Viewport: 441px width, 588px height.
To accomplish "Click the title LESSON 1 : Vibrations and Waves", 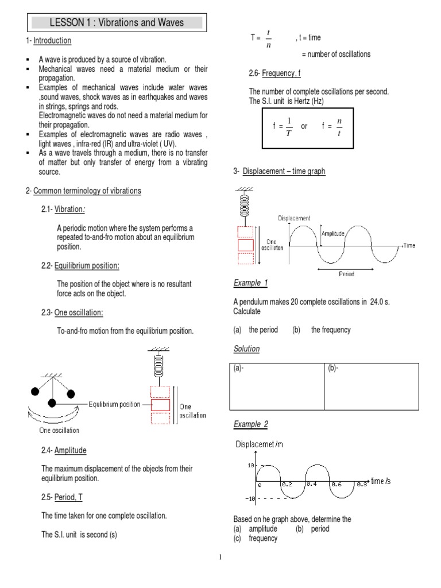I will (117, 22).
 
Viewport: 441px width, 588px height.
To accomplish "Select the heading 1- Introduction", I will (49, 41).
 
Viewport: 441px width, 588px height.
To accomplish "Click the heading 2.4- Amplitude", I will (64, 450).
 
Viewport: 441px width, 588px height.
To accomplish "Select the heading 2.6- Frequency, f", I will (274, 73).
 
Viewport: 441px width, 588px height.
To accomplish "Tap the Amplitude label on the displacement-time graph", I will (333, 234).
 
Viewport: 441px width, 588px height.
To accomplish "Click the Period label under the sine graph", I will (346, 274).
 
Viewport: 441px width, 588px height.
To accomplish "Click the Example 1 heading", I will (250, 283).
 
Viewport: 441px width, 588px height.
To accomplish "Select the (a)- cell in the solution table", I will (277, 386).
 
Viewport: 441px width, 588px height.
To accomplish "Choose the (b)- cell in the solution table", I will (372, 386).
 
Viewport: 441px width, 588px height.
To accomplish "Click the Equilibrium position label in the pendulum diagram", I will (114, 404).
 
